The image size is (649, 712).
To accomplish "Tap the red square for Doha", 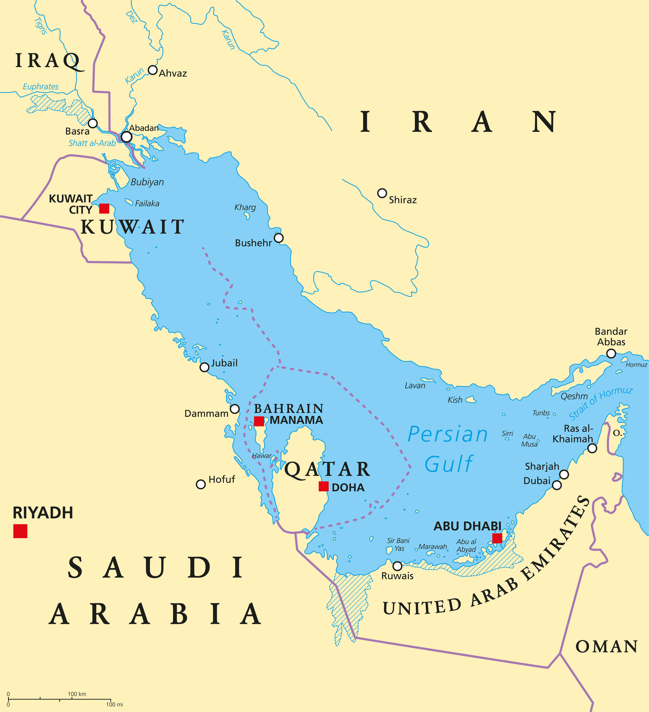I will click(323, 486).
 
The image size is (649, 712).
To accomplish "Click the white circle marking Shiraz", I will click(382, 193).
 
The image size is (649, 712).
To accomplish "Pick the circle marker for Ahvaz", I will click(152, 70).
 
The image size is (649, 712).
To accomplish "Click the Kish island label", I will click(455, 400).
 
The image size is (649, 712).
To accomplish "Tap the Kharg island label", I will click(245, 207).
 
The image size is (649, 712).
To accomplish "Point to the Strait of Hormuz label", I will click(600, 403).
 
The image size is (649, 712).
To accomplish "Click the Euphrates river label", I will click(41, 87).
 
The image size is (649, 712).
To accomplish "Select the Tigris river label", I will click(41, 26).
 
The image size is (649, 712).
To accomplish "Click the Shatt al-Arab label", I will click(92, 143).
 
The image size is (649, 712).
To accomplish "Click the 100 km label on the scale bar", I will click(77, 694).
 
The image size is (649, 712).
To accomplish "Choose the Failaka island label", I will click(147, 204).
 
